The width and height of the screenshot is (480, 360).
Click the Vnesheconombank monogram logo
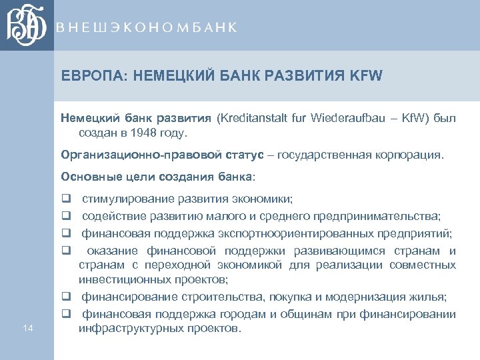tap(27, 25)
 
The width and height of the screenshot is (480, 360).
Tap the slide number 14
tap(27, 327)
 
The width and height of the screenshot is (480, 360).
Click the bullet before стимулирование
tap(66, 199)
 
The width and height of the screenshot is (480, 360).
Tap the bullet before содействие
tap(66, 215)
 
